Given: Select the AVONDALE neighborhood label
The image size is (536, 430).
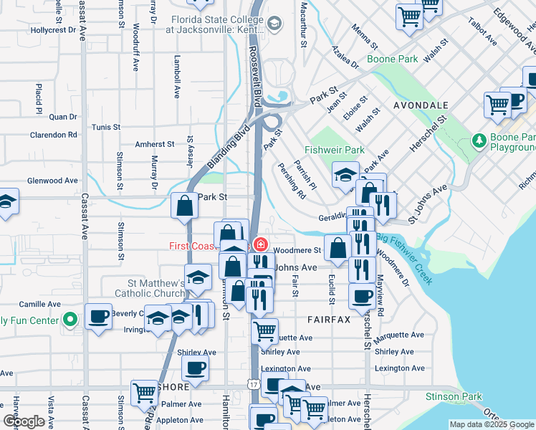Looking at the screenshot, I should coord(421,105).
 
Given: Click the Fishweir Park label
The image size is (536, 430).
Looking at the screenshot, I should coord(334,150).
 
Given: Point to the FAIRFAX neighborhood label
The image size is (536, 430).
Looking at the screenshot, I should coord(329,319).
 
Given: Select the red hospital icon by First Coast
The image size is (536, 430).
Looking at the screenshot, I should coord(261,245).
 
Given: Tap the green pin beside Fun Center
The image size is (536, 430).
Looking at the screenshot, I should coord(69,320).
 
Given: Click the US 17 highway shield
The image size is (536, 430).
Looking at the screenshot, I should coord(254,385).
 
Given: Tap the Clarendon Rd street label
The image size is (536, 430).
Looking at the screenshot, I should coord(53,134).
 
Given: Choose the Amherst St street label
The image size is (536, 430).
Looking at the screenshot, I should coord(155,144).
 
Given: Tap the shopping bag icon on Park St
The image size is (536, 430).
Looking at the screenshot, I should coord(185,205).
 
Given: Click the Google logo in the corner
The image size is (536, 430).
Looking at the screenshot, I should coord(23,421).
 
